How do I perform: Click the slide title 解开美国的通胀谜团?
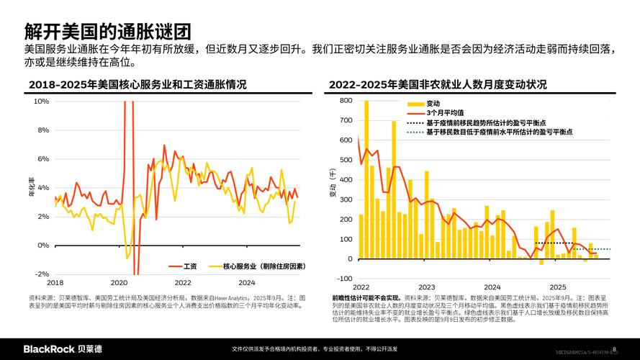pyautogui.click(x=107, y=31)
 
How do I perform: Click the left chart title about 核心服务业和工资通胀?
pyautogui.click(x=137, y=85)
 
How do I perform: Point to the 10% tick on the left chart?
pyautogui.click(x=42, y=102)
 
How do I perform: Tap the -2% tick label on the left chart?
pyautogui.click(x=42, y=274)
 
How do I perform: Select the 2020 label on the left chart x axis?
pyautogui.click(x=120, y=283)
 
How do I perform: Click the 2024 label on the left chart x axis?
pyautogui.click(x=247, y=283)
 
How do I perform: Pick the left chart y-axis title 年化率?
pyautogui.click(x=32, y=188)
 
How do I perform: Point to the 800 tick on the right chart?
pyautogui.click(x=346, y=101)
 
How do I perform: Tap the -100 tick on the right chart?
pyautogui.click(x=344, y=279)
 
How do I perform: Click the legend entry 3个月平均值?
pyautogui.click(x=446, y=114)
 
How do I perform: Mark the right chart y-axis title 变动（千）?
pyautogui.click(x=333, y=184)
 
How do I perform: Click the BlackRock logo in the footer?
pyautogui.click(x=63, y=348)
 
